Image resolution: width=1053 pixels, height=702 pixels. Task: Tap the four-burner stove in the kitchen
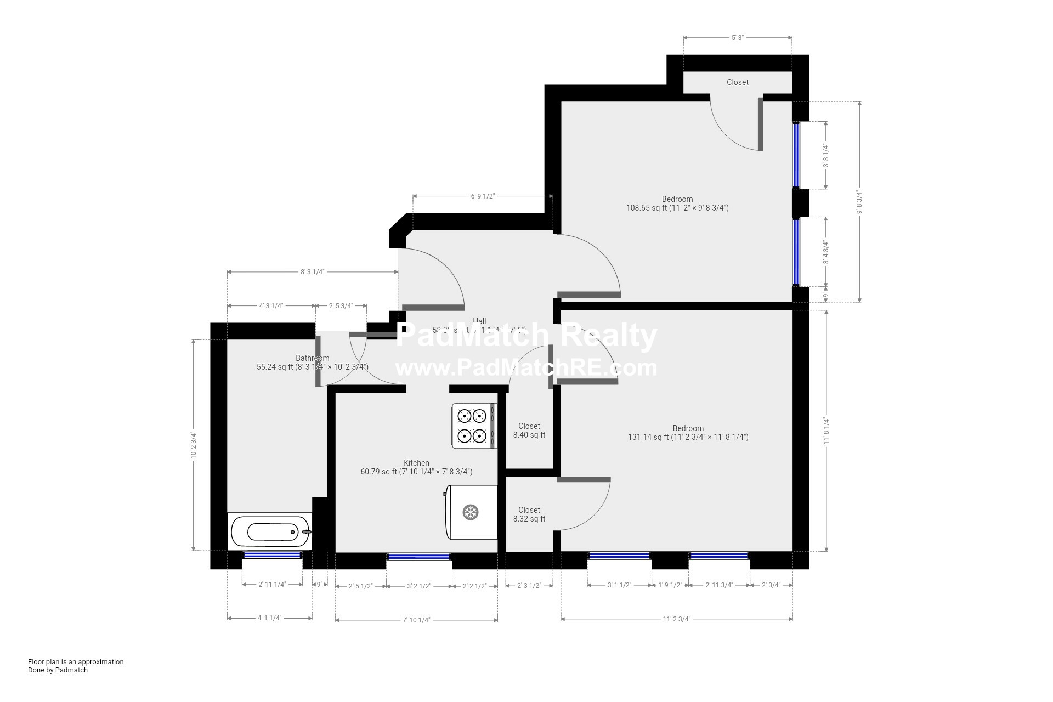point(473,426)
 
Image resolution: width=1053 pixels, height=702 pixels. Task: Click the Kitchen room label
point(416,463)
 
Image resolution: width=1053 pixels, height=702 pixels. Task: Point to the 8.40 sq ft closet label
point(529,431)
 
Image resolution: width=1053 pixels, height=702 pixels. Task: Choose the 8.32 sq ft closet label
point(529,514)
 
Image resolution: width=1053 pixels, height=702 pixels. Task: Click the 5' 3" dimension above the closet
point(737,38)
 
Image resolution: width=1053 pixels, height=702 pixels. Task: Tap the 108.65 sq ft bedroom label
point(677,203)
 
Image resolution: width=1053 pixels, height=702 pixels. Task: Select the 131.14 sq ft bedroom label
point(688,433)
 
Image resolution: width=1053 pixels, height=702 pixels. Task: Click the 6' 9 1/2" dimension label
point(483,196)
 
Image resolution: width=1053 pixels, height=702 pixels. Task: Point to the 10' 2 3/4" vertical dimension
point(194,445)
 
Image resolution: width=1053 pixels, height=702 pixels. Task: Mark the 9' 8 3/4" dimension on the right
point(859,202)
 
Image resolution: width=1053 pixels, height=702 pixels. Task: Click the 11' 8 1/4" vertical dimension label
point(826,431)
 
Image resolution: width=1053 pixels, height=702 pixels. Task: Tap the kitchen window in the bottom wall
point(419,557)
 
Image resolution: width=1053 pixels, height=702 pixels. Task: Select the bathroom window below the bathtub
point(272,555)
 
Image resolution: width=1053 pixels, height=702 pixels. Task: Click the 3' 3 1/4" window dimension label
point(825,156)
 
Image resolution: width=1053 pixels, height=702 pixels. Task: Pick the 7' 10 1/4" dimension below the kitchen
point(416,620)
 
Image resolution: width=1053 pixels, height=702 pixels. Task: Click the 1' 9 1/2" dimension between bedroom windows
point(670,585)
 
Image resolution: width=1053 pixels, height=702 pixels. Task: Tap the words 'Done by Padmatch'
point(58,670)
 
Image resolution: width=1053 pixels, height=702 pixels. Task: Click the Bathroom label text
point(312,358)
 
